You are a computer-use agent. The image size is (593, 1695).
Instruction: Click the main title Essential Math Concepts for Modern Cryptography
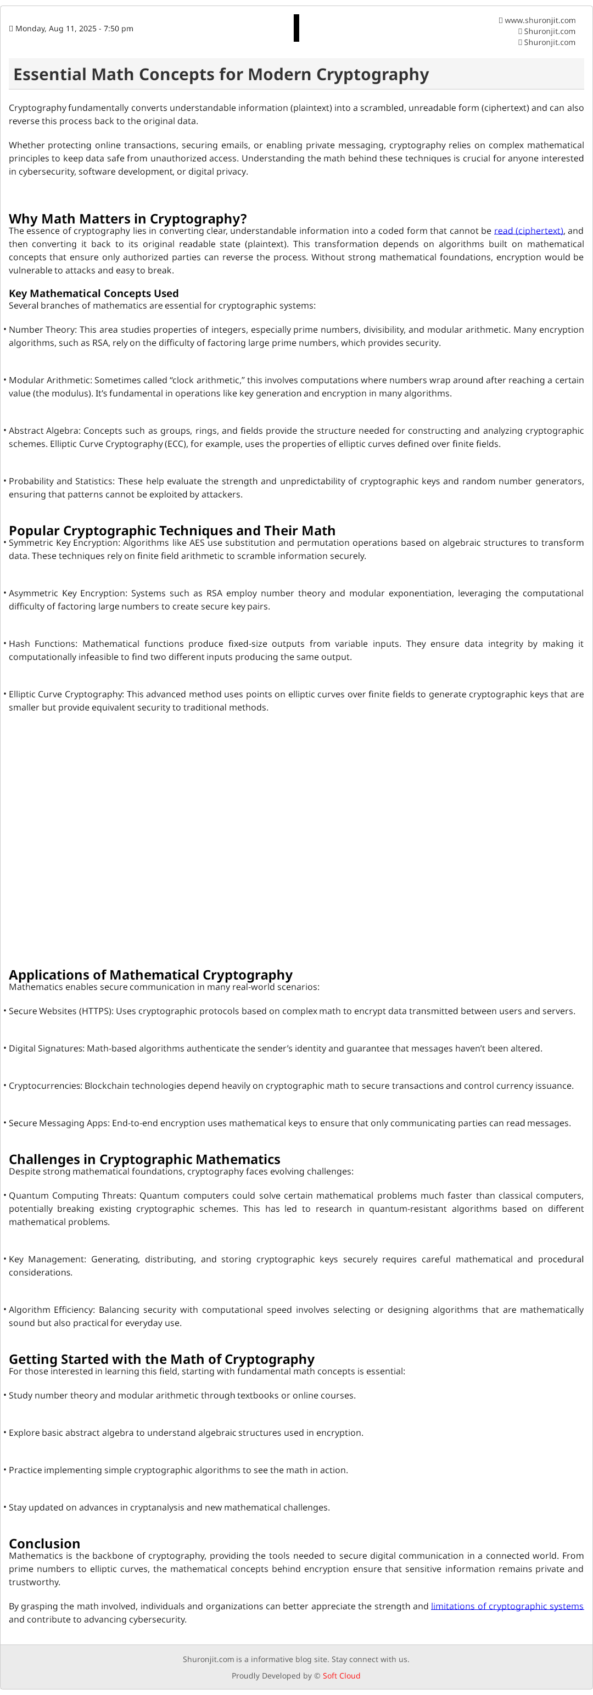click(x=221, y=74)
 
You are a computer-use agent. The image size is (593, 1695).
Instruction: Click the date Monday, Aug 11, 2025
click(x=74, y=29)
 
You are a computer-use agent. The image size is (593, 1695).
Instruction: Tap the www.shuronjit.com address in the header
click(x=540, y=20)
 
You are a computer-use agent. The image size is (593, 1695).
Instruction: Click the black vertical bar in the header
click(x=296, y=29)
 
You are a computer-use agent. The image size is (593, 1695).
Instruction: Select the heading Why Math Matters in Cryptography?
click(x=128, y=219)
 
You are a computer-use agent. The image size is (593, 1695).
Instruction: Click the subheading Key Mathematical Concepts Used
click(x=93, y=293)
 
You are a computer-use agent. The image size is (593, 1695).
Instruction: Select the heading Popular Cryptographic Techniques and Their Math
click(x=172, y=530)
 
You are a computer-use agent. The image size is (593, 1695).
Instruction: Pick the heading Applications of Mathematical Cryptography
click(x=150, y=975)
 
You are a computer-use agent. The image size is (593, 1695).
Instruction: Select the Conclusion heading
click(x=44, y=1543)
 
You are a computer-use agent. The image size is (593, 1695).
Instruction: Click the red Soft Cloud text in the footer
click(x=341, y=1676)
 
